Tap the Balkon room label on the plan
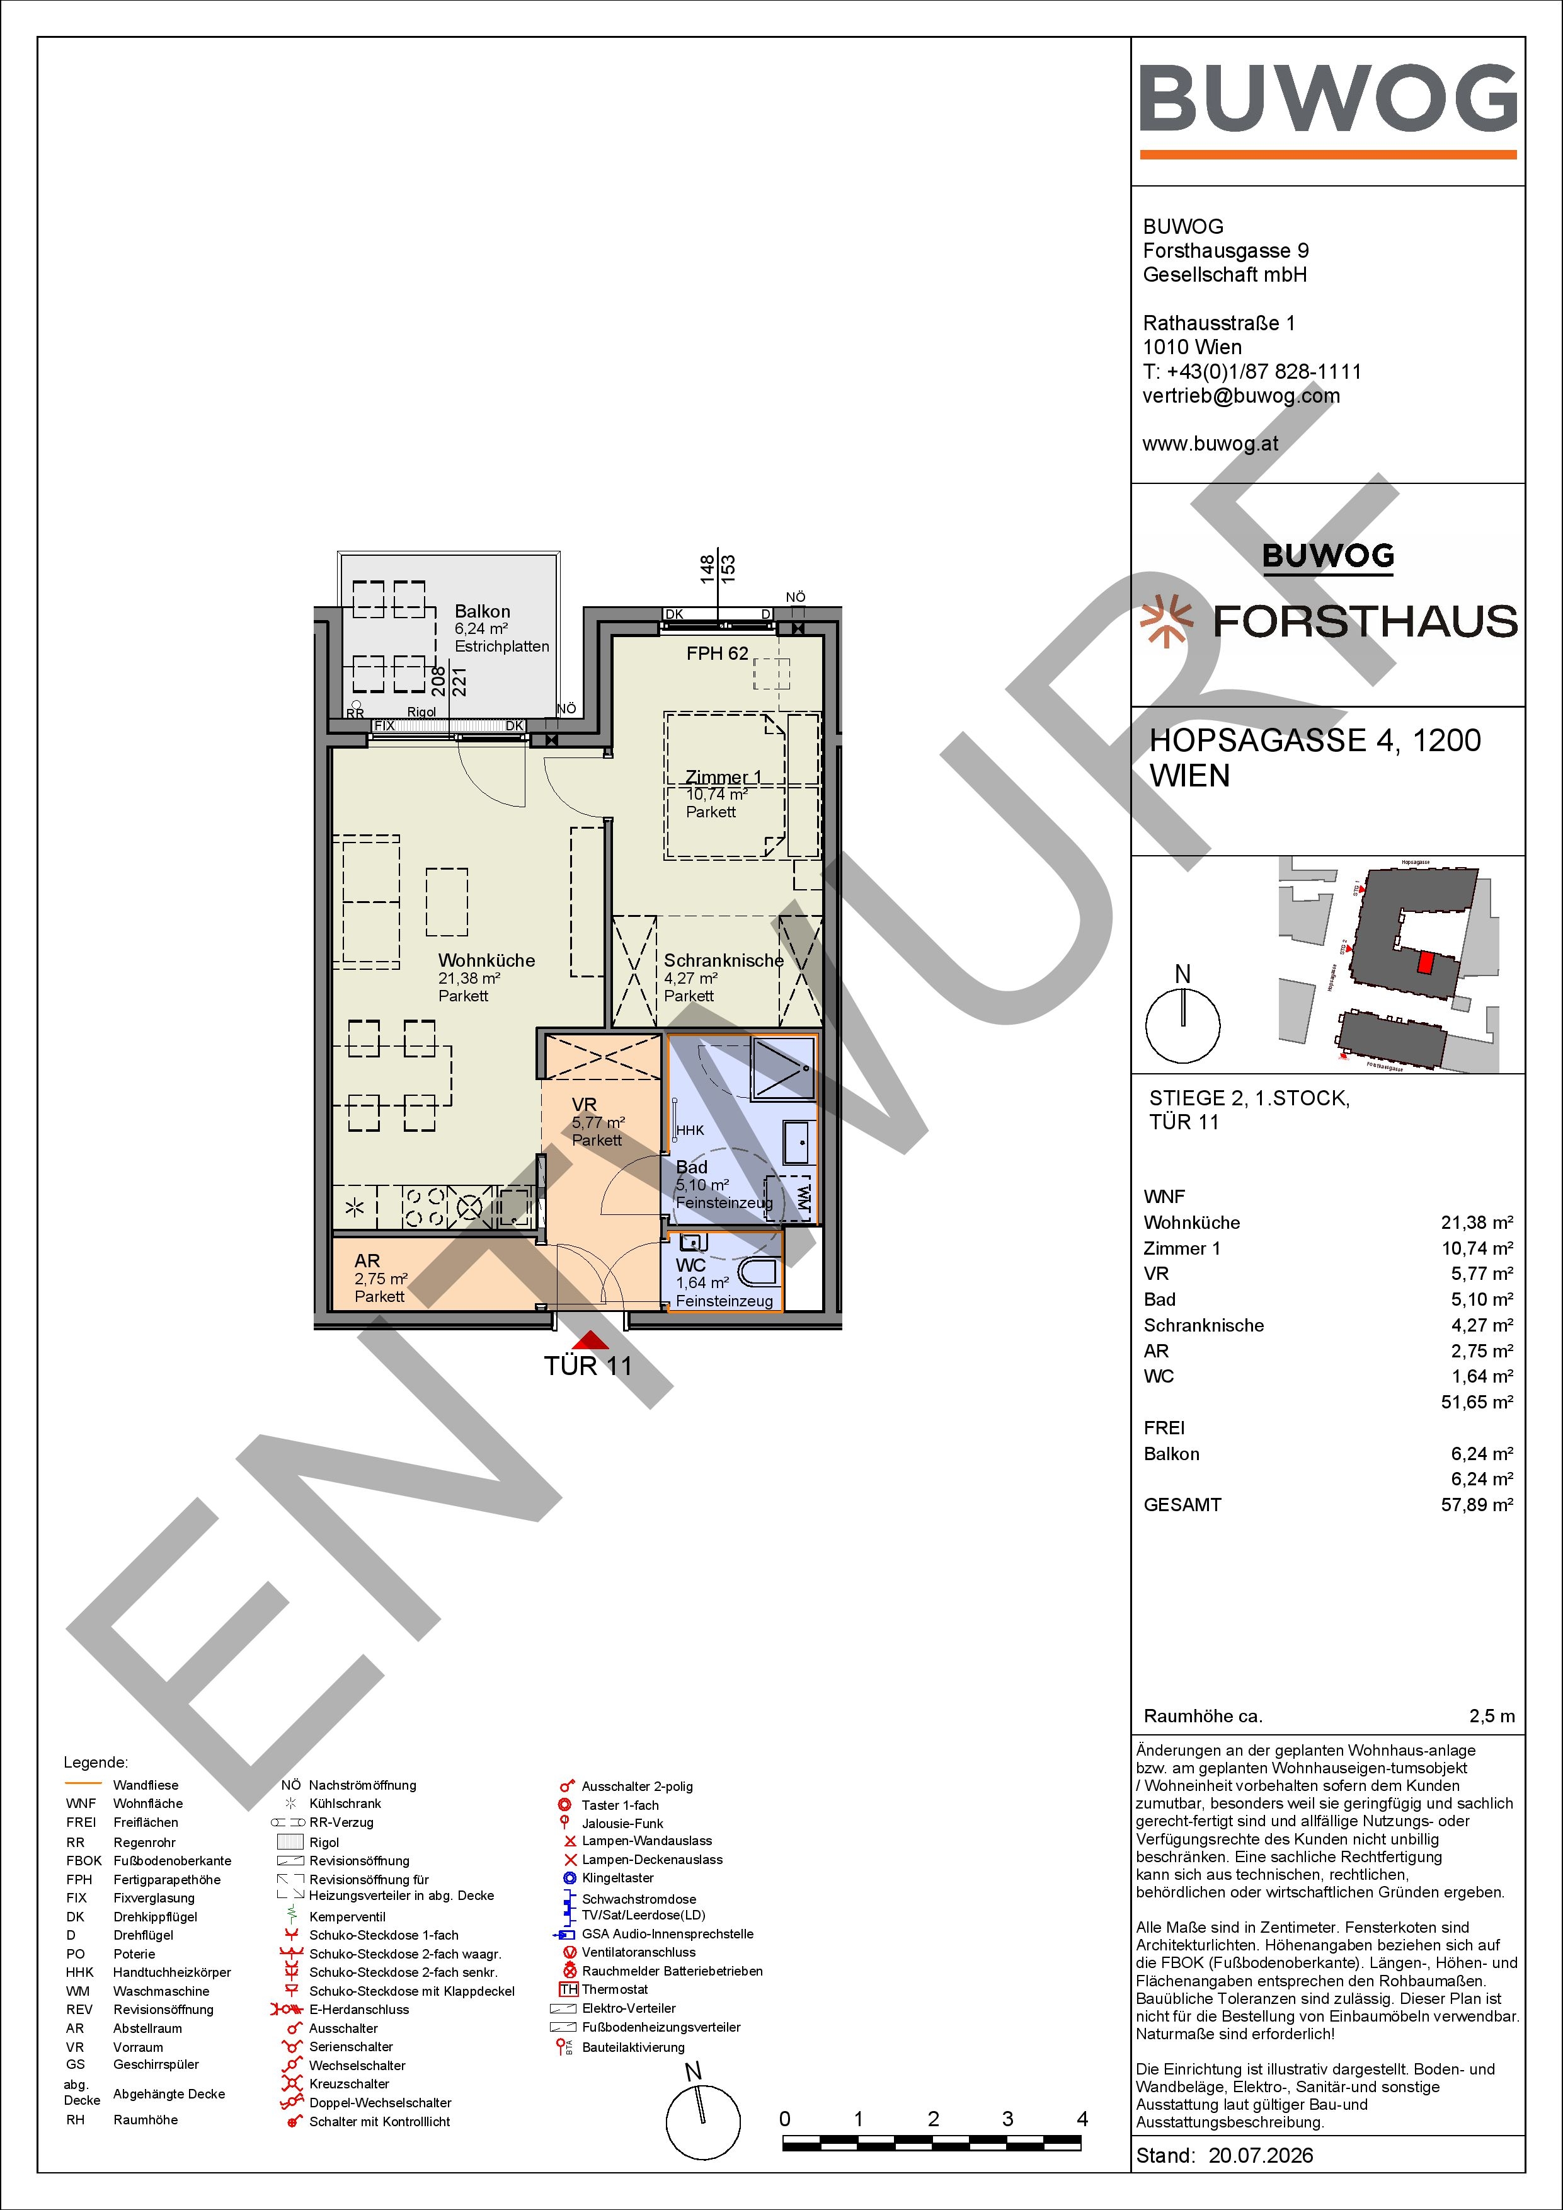482,611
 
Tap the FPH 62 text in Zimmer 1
717,653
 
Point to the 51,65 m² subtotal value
1477,1401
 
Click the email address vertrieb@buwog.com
1240,396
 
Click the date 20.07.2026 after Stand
1261,2155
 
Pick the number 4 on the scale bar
1082,2119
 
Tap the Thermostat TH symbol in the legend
568,1989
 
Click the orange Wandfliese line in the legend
82,1785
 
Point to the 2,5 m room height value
1492,1716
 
